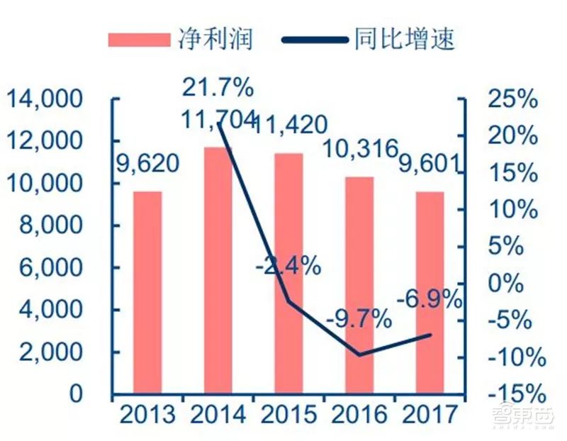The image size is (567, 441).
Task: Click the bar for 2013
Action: pyautogui.click(x=147, y=292)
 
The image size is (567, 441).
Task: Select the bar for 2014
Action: pyautogui.click(x=218, y=270)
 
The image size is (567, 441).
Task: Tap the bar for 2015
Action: pyautogui.click(x=288, y=273)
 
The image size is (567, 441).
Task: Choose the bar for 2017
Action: pyautogui.click(x=430, y=292)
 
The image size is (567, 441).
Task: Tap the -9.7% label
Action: pyautogui.click(x=359, y=318)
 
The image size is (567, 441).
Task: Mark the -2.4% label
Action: pyautogui.click(x=288, y=267)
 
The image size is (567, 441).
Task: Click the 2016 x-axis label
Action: pyautogui.click(x=359, y=413)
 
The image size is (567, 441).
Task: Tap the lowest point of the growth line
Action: pyautogui.click(x=359, y=355)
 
